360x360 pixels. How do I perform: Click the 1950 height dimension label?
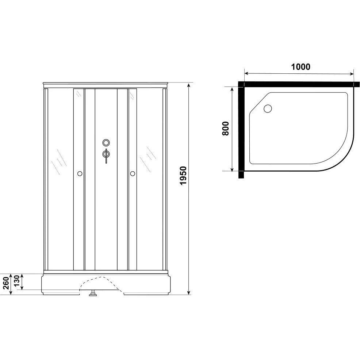[x=183, y=176]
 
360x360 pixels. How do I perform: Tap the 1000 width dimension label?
[x=300, y=67]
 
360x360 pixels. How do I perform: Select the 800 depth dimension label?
[x=226, y=129]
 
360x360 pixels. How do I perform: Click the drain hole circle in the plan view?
[x=268, y=108]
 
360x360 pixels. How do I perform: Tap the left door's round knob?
[x=80, y=173]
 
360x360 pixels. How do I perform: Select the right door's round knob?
[x=133, y=173]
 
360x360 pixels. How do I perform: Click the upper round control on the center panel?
[x=106, y=143]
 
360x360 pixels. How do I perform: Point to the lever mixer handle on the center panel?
[x=106, y=155]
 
